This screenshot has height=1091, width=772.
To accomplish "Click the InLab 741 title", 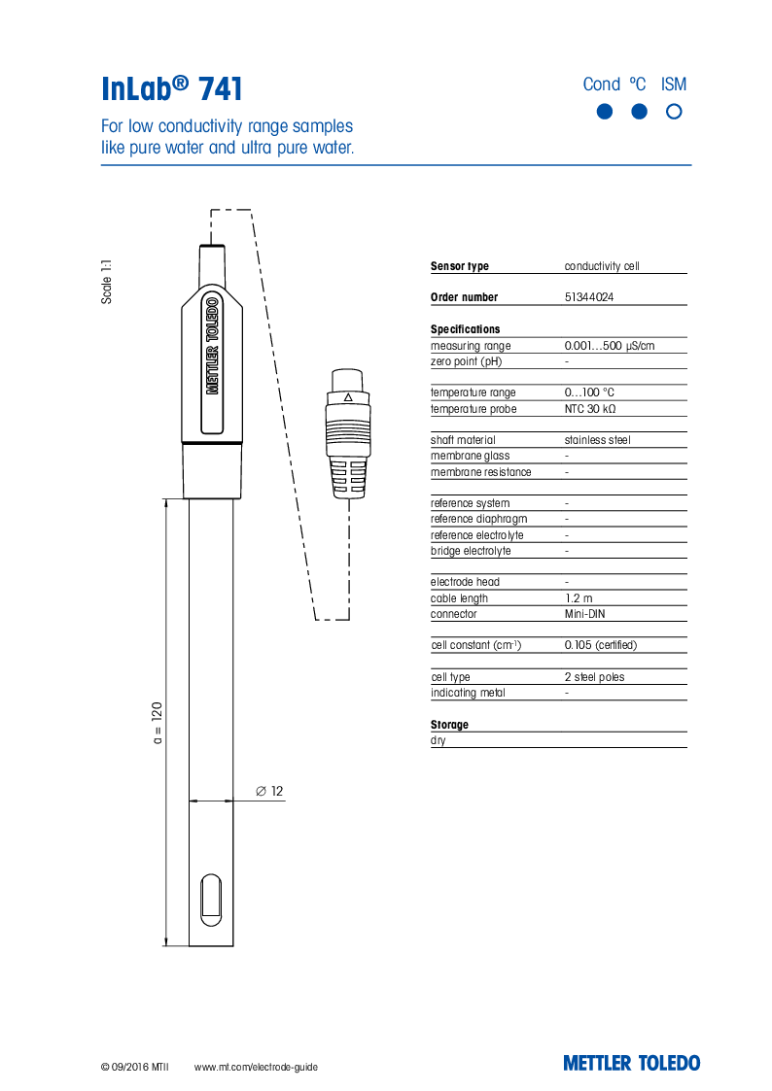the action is [x=172, y=89].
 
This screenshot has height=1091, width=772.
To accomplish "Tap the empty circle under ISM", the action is [x=674, y=112].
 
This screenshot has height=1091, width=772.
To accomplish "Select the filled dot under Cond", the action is [x=604, y=112].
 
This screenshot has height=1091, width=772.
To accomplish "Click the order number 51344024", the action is [x=588, y=297].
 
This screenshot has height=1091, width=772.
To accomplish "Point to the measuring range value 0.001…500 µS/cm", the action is [x=610, y=346].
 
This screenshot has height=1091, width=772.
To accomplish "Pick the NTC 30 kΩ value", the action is [x=589, y=409].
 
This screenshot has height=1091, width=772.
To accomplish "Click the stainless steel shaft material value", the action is [x=597, y=440].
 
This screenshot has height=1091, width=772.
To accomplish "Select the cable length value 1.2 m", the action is [x=578, y=598].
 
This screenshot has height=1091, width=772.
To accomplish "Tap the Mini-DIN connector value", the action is [x=585, y=614].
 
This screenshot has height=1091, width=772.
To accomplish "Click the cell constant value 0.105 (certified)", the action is [x=600, y=645].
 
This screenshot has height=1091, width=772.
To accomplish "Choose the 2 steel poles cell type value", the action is [x=594, y=677].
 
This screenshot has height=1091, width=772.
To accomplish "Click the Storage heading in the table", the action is [x=449, y=725].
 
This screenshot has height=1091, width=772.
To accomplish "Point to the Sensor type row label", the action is [x=460, y=266].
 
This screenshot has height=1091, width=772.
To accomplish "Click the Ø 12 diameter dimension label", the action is [x=269, y=792].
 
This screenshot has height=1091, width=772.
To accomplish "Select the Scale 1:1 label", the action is [x=107, y=282].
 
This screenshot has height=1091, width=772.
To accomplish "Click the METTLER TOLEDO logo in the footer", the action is [x=631, y=1063].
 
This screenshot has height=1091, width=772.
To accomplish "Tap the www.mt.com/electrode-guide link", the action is [x=256, y=1067].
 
